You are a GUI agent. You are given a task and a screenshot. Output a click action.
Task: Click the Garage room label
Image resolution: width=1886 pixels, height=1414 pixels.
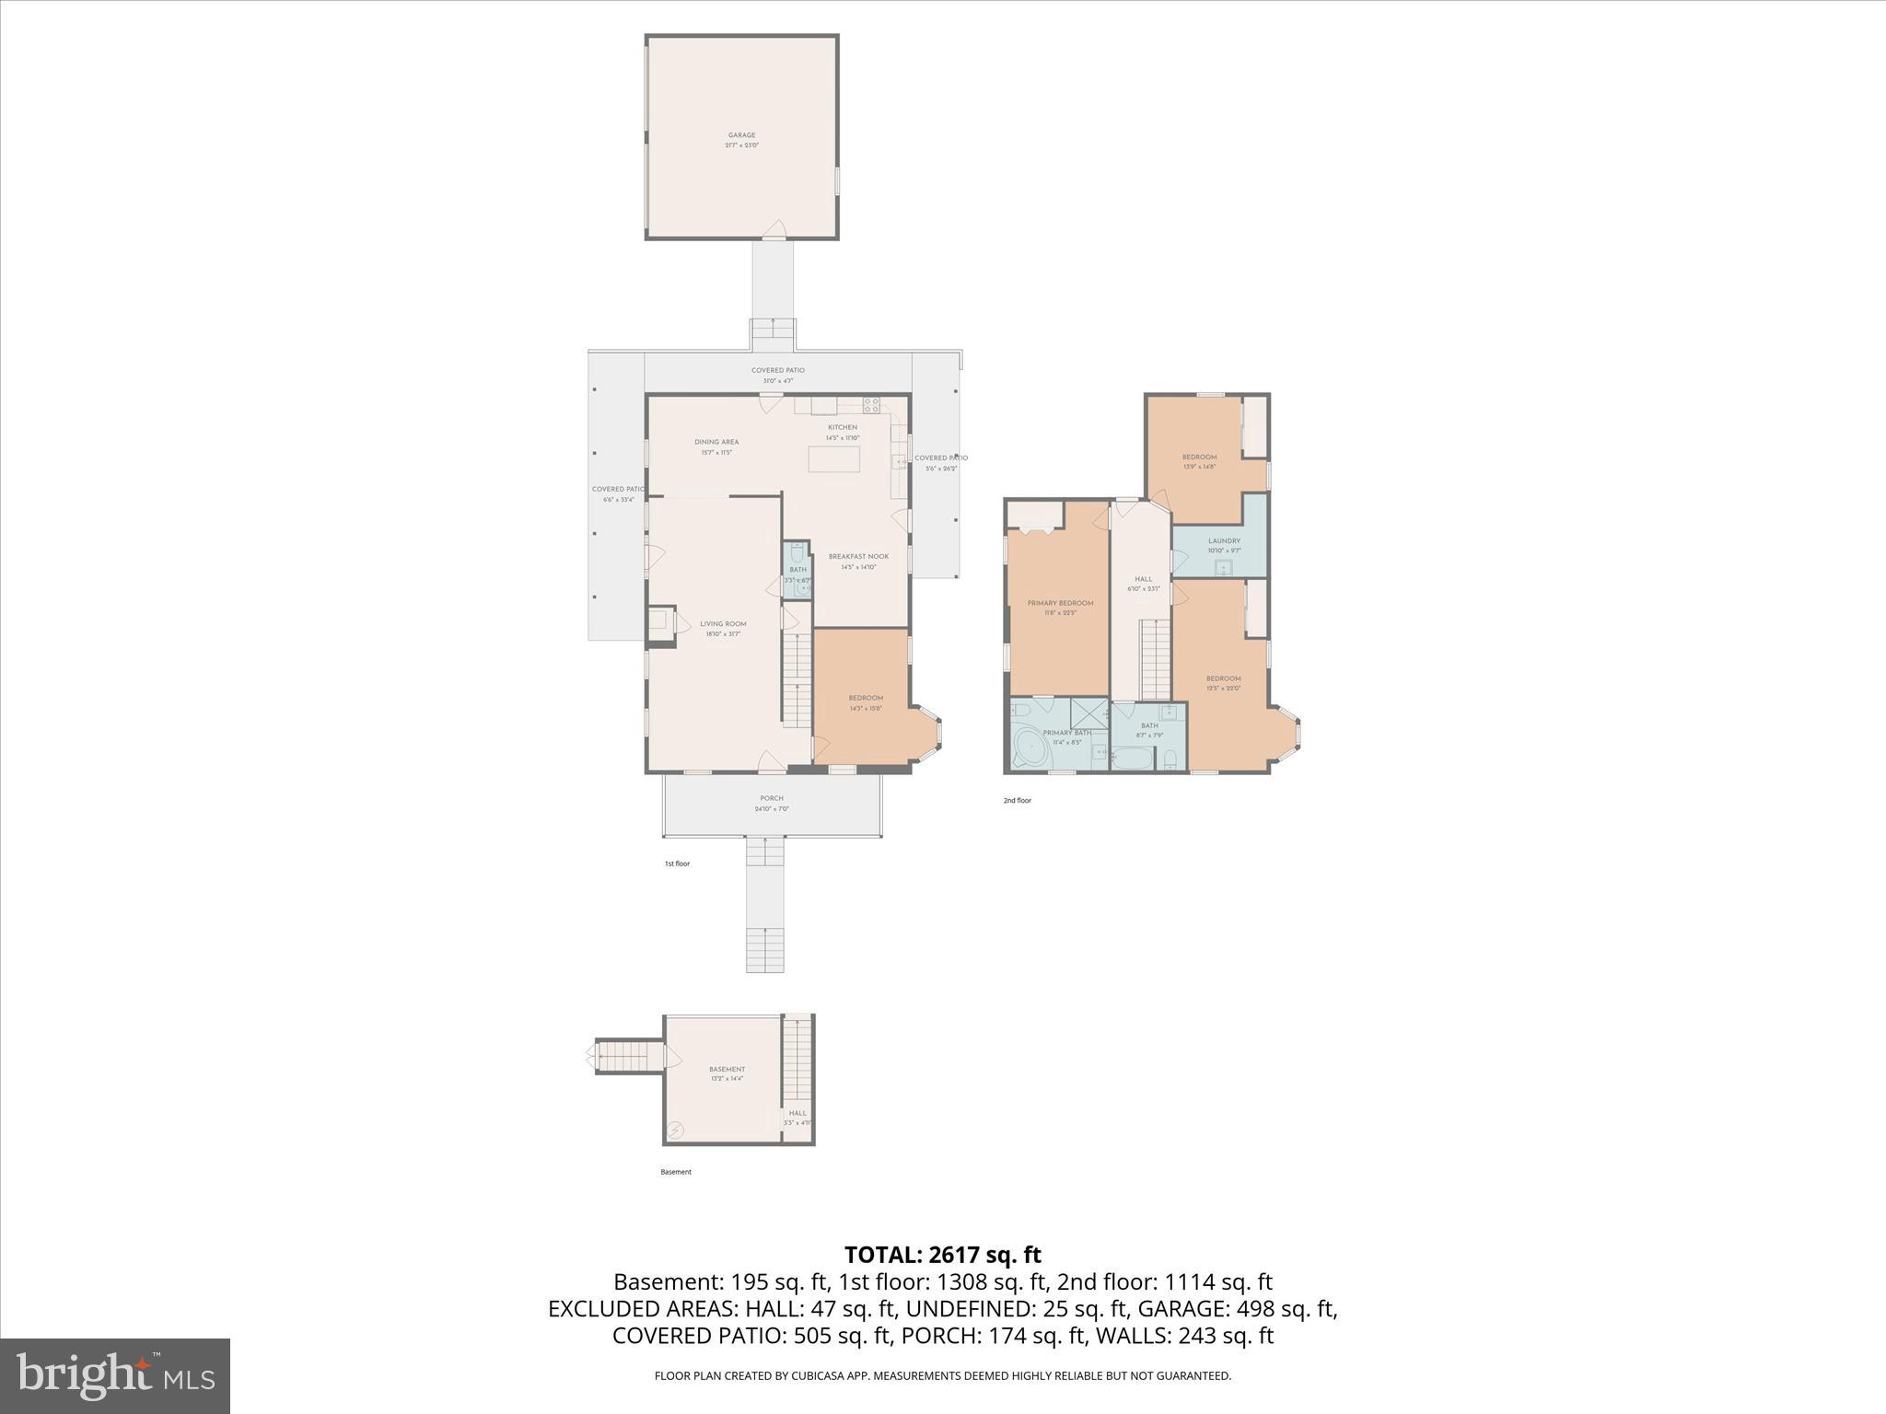click(741, 135)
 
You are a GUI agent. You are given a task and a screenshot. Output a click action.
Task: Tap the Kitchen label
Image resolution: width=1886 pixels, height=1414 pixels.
click(842, 427)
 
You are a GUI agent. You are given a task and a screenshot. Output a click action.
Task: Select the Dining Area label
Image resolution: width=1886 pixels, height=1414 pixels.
click(716, 442)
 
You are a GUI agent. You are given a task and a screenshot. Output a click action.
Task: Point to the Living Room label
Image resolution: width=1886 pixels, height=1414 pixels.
click(723, 624)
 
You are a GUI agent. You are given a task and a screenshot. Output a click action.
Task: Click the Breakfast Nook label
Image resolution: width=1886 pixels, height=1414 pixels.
click(858, 556)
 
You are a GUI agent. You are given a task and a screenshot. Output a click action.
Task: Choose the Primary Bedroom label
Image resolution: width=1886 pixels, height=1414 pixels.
click(1060, 603)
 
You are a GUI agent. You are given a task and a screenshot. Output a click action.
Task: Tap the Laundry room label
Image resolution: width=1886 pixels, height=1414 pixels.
click(1224, 541)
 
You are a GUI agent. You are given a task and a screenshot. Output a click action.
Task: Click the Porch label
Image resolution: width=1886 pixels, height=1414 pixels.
click(772, 798)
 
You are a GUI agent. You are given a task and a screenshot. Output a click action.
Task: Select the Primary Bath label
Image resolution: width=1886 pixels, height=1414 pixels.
click(1066, 733)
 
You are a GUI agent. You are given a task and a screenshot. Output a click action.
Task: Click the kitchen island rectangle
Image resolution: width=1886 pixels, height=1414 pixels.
click(834, 458)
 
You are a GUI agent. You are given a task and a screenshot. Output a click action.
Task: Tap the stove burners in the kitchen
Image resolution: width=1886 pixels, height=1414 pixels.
click(871, 404)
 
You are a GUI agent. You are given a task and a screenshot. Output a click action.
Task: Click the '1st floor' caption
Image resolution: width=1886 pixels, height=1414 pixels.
click(677, 863)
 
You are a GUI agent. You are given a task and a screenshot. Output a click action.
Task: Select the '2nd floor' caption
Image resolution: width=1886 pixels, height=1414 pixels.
click(1017, 801)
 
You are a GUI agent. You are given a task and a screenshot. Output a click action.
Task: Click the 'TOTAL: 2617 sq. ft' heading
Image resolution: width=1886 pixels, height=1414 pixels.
click(942, 1255)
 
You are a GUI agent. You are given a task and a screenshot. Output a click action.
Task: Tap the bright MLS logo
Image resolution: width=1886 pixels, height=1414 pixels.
click(115, 1375)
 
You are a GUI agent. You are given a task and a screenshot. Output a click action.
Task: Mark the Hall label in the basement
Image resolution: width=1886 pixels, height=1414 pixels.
click(797, 1113)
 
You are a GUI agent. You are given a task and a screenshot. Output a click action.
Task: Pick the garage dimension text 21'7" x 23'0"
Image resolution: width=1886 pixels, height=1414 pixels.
click(741, 145)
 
